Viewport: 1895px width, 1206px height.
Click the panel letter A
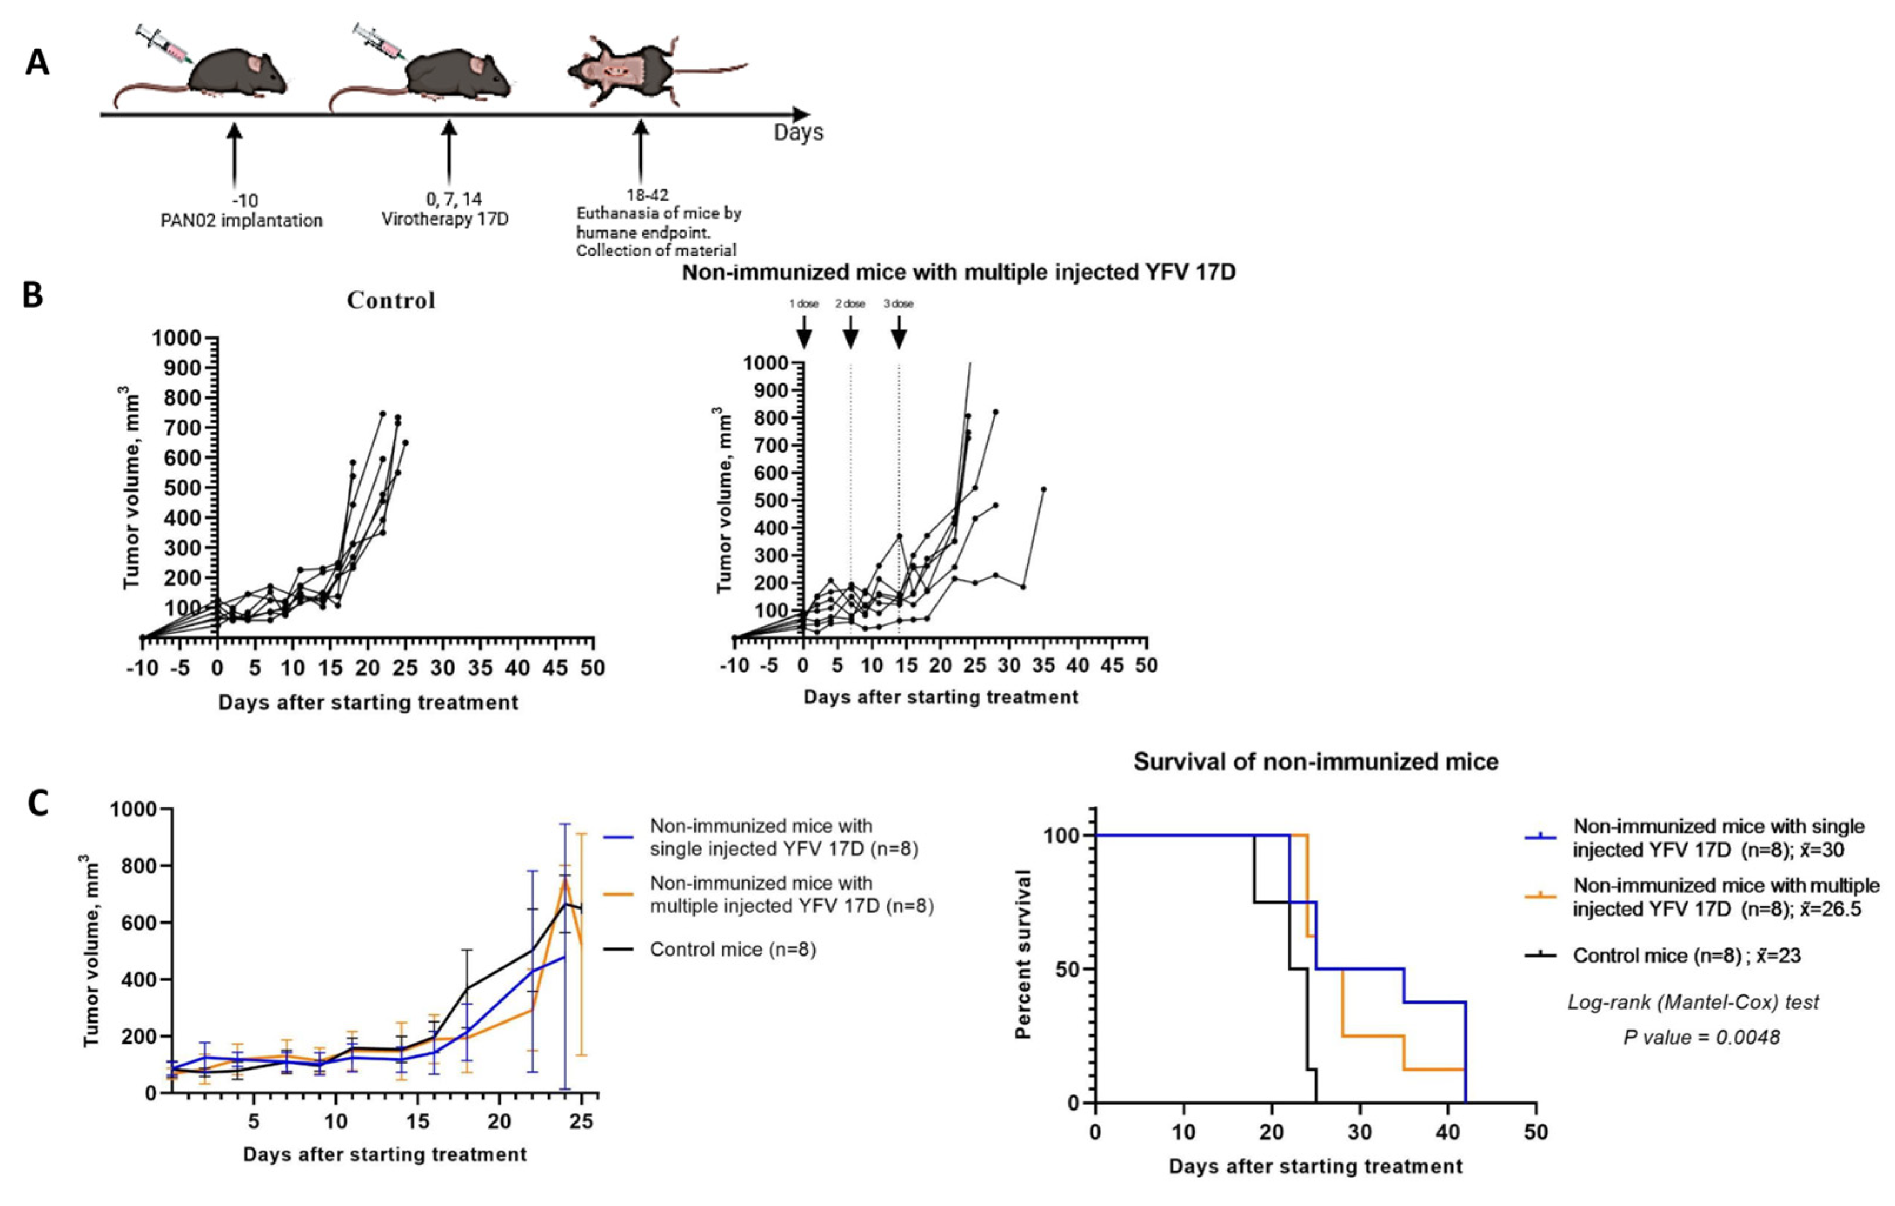(x=37, y=61)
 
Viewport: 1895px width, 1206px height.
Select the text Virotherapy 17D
(x=445, y=219)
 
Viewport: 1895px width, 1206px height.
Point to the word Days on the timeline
(x=798, y=132)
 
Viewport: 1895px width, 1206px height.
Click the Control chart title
(x=391, y=300)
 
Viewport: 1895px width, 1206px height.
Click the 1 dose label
(x=804, y=303)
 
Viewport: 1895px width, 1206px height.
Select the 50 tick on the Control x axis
(x=592, y=668)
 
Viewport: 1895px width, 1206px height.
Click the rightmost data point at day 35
(x=1044, y=489)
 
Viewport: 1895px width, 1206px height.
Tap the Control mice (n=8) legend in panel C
(x=732, y=950)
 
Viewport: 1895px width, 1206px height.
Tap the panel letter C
(x=37, y=803)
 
